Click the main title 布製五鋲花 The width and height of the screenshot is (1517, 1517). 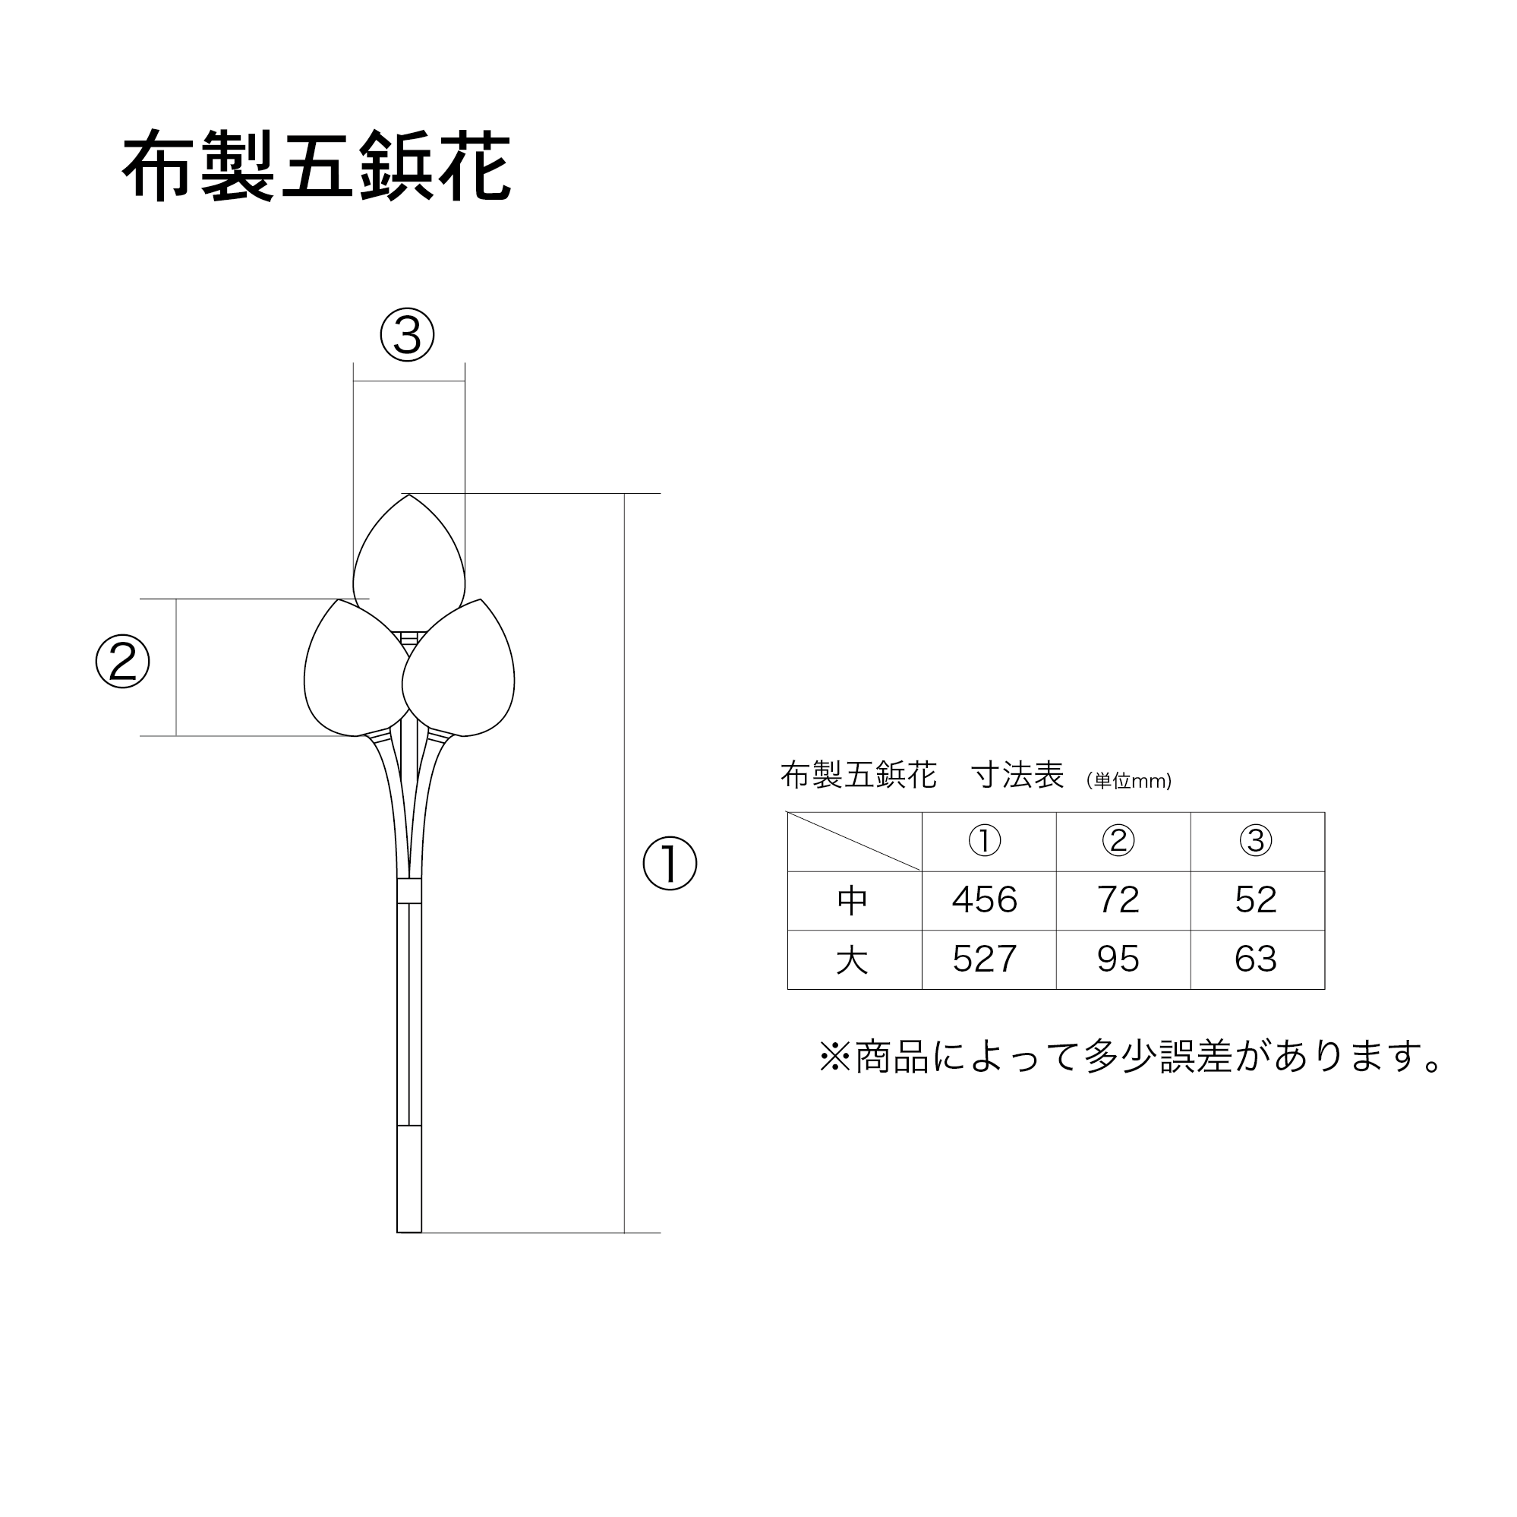(x=317, y=166)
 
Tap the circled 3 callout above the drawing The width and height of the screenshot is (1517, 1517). (x=407, y=335)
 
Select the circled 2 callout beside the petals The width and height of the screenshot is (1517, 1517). (x=122, y=662)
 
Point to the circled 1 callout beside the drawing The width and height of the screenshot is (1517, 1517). (x=670, y=863)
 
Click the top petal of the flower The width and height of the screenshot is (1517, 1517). (x=409, y=561)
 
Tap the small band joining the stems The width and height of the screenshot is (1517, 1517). (x=409, y=890)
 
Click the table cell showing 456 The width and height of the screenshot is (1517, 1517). (x=989, y=900)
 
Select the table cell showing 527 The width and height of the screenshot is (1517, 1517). (x=989, y=959)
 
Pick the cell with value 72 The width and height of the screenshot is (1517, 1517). (x=1123, y=900)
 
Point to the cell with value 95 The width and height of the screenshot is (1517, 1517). (x=1123, y=959)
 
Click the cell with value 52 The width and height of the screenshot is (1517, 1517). (x=1257, y=900)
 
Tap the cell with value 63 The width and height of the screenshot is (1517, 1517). (x=1257, y=959)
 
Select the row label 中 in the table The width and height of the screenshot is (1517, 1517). (x=852, y=900)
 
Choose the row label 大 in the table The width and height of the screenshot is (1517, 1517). (x=852, y=960)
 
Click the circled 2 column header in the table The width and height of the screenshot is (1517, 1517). (x=1119, y=841)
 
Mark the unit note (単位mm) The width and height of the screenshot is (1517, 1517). (x=1129, y=781)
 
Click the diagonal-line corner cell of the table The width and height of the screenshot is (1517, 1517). (x=854, y=842)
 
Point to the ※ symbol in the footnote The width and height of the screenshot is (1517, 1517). (x=835, y=1057)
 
